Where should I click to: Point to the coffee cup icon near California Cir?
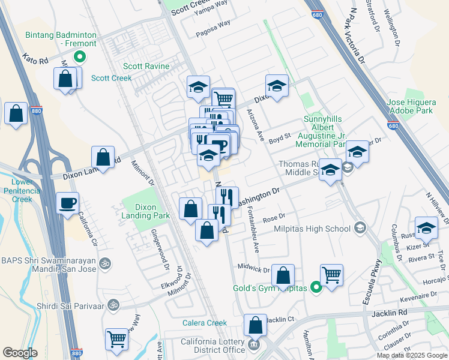tap(68, 202)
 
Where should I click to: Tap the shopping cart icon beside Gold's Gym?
tap(331, 274)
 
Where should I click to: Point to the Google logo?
tap(20, 353)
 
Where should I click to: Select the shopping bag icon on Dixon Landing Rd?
tap(103, 157)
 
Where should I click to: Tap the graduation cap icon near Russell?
tap(426, 229)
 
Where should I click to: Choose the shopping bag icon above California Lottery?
tap(255, 325)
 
